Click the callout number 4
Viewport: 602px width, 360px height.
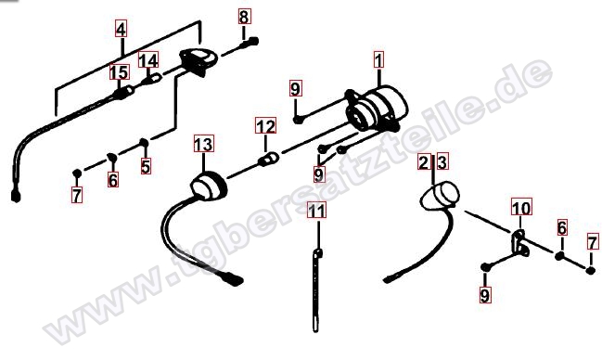pos(121,29)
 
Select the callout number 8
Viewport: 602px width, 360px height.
pos(244,17)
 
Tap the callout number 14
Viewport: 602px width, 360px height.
pos(148,60)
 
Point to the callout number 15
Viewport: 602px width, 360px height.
pos(120,71)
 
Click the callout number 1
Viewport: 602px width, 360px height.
pos(379,60)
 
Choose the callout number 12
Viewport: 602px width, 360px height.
pos(265,125)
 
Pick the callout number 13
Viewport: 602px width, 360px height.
pos(203,144)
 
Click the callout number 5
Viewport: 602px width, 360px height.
pos(146,166)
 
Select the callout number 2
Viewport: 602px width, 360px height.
pos(424,162)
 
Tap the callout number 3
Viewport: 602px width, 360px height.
pos(442,162)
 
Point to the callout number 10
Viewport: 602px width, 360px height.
pos(521,208)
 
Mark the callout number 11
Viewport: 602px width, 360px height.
pos(316,210)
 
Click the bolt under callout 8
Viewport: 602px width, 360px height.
pos(249,43)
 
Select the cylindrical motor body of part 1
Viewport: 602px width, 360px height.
pos(388,102)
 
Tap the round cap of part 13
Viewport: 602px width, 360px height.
pos(210,186)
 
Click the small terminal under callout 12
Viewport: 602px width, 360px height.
pos(269,159)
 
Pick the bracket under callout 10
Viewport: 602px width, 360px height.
pos(520,243)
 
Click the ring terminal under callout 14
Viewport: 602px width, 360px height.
pos(151,80)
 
